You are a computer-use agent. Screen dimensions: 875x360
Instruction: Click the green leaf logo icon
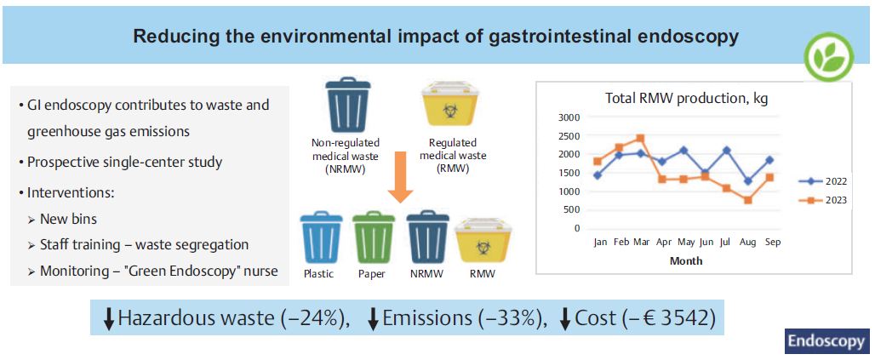coord(829,57)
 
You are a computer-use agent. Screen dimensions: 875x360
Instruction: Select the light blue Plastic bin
coord(321,237)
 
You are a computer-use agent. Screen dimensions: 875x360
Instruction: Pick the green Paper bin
coord(374,237)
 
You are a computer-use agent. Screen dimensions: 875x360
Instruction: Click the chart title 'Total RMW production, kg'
coord(686,100)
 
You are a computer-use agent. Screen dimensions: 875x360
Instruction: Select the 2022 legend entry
coord(822,181)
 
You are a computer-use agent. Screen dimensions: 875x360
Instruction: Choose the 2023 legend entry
coord(822,200)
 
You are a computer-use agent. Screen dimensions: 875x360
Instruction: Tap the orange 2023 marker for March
coord(640,138)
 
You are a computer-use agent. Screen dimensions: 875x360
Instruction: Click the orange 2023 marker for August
coord(748,200)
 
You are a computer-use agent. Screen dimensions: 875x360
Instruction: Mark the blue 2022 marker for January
coord(598,175)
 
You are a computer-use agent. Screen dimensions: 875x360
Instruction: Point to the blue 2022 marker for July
coord(726,150)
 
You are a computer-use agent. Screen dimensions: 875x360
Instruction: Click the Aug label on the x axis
coord(748,243)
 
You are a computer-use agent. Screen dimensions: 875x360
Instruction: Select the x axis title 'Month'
coord(686,260)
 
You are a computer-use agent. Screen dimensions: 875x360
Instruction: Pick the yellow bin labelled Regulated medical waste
coord(449,104)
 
